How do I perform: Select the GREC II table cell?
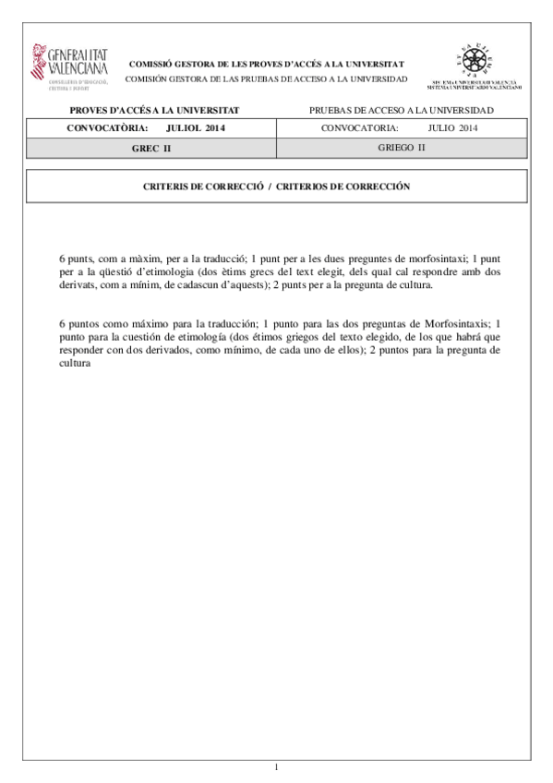[x=150, y=148]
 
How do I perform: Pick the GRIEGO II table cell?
[x=402, y=148]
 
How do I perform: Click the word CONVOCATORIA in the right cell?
[x=360, y=128]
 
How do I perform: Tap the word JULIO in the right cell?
[x=441, y=128]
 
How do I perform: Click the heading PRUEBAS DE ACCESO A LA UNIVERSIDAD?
[x=402, y=110]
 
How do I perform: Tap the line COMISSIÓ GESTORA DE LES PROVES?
[x=265, y=64]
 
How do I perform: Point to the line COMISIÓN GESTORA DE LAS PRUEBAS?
[x=265, y=78]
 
